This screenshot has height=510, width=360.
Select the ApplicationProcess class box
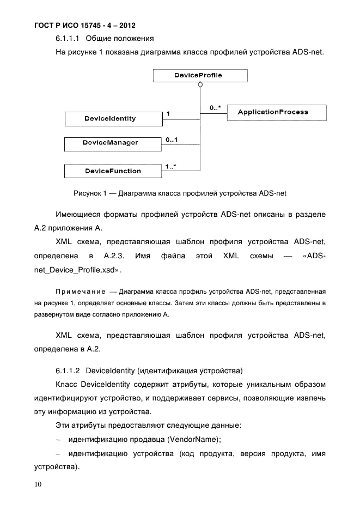[277, 112]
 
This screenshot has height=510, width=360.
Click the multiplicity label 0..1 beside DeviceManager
[173, 140]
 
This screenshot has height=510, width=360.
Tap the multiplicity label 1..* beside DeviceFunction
[170, 167]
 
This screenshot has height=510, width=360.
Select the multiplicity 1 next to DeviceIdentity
[168, 114]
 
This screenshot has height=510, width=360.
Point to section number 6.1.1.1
[68, 39]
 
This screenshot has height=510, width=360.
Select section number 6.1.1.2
[68, 371]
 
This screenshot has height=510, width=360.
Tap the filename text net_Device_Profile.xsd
[76, 269]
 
